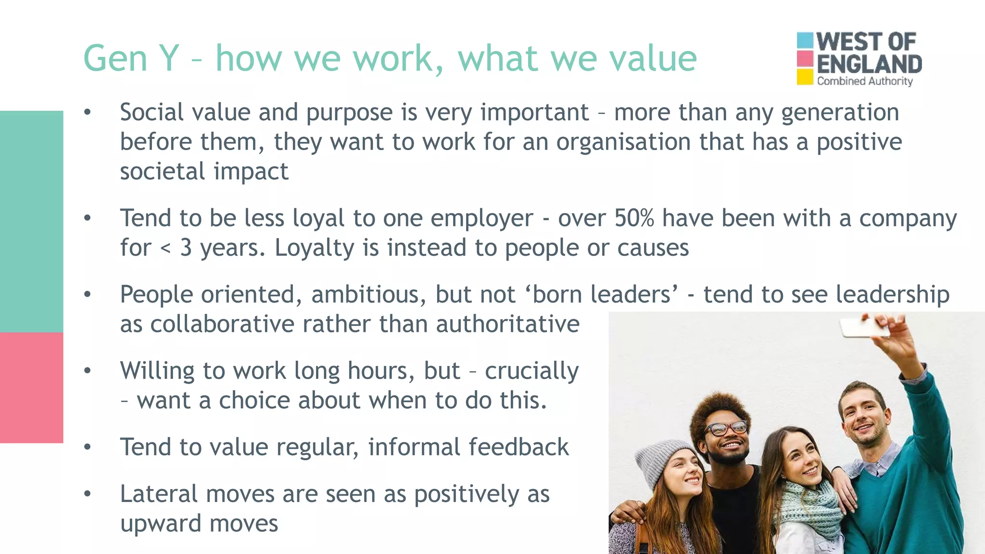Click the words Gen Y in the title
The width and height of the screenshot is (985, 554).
pyautogui.click(x=131, y=59)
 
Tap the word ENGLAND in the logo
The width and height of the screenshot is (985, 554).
pyautogui.click(x=869, y=64)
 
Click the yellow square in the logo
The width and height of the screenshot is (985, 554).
pyautogui.click(x=805, y=77)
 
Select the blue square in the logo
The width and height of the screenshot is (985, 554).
pyautogui.click(x=805, y=40)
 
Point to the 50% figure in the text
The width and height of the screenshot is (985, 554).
pyautogui.click(x=634, y=218)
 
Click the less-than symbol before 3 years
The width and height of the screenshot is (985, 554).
pyautogui.click(x=165, y=249)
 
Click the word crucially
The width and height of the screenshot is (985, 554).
pyautogui.click(x=531, y=371)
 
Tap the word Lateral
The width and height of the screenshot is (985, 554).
pyautogui.click(x=159, y=494)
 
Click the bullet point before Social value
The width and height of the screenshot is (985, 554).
pyautogui.click(x=87, y=113)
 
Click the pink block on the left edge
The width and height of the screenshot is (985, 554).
pyautogui.click(x=31, y=388)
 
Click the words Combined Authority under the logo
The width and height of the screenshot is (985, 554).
pyautogui.click(x=864, y=81)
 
